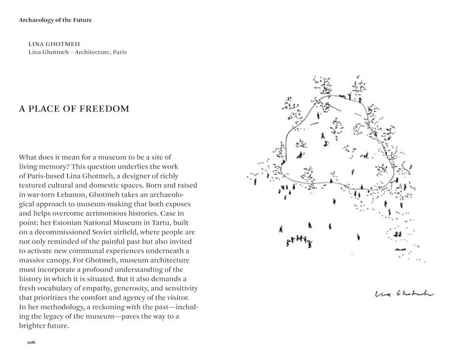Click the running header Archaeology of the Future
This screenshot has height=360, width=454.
point(55,21)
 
